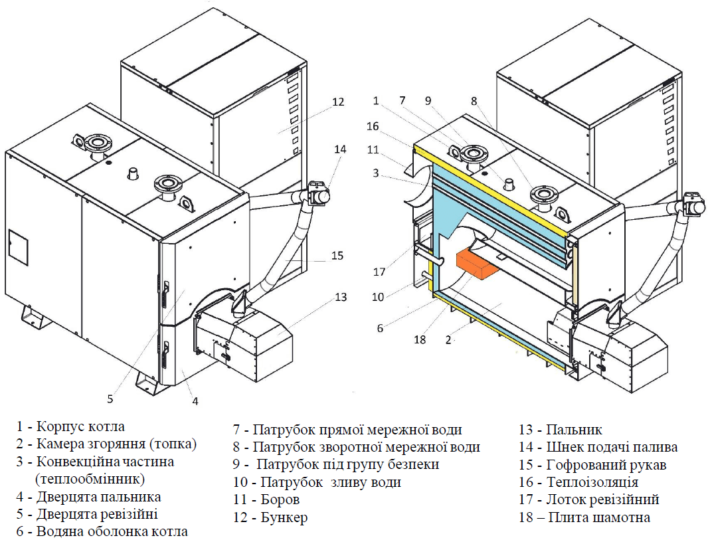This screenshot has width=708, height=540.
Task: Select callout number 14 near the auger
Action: coord(341,149)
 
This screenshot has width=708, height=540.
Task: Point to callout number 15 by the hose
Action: coord(337,256)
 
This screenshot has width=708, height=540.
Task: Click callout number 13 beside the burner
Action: coord(341,297)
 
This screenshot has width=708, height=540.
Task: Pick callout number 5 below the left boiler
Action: coord(110,399)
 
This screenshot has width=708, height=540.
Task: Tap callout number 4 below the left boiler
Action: coord(195,401)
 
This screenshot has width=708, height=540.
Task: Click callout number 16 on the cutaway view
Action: coord(373,126)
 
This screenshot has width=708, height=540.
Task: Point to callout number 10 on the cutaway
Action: coord(378,297)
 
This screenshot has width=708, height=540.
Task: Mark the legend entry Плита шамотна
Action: coord(598,517)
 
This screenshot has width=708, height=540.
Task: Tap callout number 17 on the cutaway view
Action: coord(379,272)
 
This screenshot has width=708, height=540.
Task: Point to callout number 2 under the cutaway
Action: coord(448,339)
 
